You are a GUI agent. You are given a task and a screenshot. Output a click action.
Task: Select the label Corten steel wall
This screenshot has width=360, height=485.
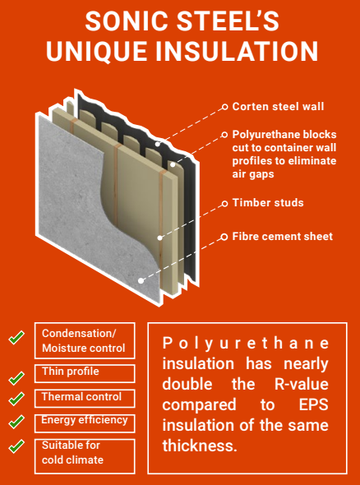click(x=278, y=106)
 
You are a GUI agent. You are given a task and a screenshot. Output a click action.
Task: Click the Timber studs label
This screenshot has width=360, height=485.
click(x=268, y=202)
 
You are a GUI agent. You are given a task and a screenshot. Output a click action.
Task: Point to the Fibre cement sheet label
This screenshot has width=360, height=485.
click(x=282, y=237)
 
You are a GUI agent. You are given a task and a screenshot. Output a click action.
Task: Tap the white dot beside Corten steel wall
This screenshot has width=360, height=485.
click(x=224, y=106)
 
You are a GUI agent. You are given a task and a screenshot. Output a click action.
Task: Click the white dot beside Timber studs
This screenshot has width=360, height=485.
click(x=224, y=202)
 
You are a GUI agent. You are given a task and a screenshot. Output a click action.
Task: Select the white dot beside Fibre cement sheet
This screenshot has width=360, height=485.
click(x=224, y=237)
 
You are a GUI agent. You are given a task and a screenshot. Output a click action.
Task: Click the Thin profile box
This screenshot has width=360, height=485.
click(x=85, y=372)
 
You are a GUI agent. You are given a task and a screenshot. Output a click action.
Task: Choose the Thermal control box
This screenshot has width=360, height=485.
click(x=85, y=397)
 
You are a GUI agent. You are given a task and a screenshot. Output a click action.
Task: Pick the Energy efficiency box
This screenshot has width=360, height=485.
click(x=85, y=422)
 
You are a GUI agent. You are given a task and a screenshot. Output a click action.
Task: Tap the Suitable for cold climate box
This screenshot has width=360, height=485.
click(x=85, y=454)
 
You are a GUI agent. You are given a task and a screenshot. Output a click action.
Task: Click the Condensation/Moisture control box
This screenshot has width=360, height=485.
click(x=85, y=340)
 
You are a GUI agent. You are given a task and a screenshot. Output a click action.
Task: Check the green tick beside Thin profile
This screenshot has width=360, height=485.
click(x=16, y=378)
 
